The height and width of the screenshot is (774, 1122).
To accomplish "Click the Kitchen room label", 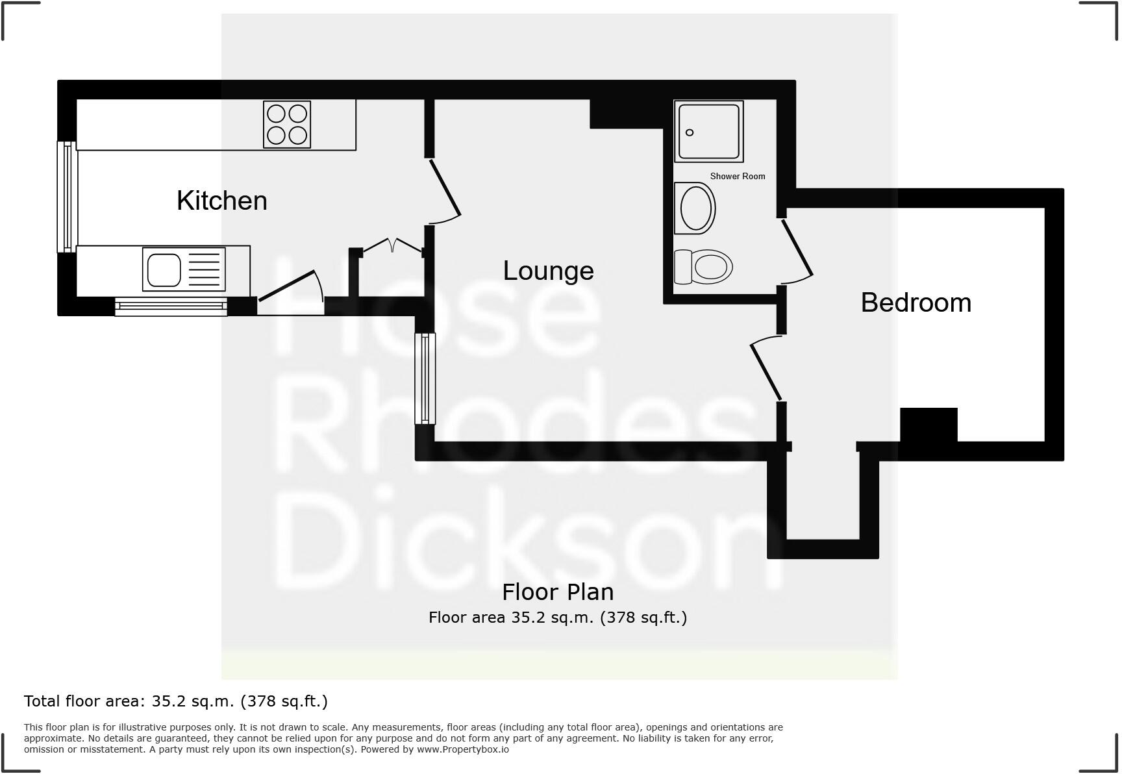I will pyautogui.click(x=222, y=201).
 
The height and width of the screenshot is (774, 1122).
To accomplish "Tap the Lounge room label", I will pyautogui.click(x=548, y=271).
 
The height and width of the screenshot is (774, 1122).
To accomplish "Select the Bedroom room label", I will pyautogui.click(x=916, y=303).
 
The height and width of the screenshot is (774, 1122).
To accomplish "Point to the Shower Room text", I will pyautogui.click(x=737, y=176).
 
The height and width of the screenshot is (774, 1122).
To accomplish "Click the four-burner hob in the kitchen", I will pyautogui.click(x=287, y=124).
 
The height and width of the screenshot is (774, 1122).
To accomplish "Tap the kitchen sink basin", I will pyautogui.click(x=164, y=269).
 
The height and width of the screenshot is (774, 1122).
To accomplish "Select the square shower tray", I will pyautogui.click(x=708, y=131).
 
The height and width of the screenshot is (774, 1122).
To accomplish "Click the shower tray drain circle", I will pyautogui.click(x=690, y=132).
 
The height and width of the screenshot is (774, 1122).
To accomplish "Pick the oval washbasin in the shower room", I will pyautogui.click(x=695, y=208).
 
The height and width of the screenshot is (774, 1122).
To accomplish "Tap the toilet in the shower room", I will pyautogui.click(x=704, y=266).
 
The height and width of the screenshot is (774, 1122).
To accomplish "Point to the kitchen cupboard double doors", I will pyautogui.click(x=392, y=246).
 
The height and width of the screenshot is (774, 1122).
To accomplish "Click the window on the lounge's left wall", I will pyautogui.click(x=425, y=378).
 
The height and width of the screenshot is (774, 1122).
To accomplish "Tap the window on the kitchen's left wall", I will pyautogui.click(x=67, y=196).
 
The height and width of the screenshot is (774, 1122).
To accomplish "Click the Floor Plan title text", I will pyautogui.click(x=558, y=592).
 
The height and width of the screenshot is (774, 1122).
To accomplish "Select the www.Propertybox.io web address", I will pyautogui.click(x=463, y=749).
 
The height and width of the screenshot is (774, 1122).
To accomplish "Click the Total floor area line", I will pyautogui.click(x=176, y=701).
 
